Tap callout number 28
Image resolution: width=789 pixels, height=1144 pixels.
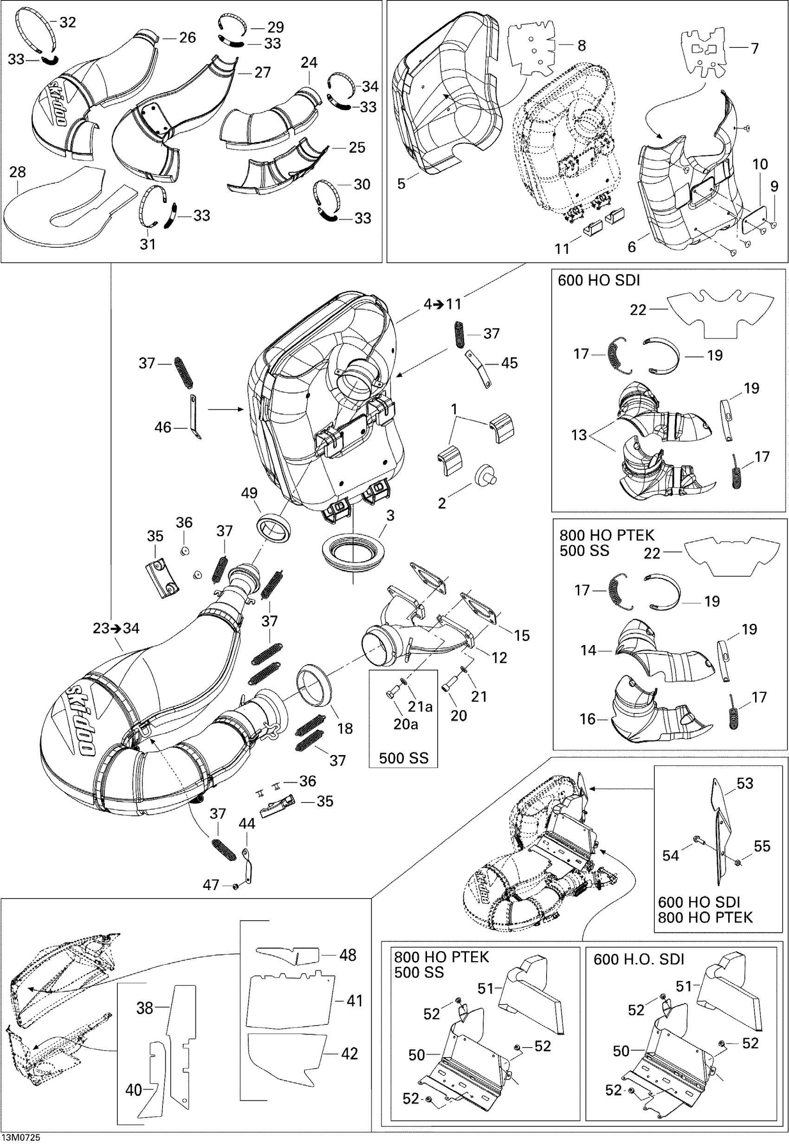(17, 172)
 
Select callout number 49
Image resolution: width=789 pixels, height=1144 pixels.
(249, 493)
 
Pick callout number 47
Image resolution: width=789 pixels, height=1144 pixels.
(211, 885)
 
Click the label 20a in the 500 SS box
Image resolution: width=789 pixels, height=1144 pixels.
(405, 724)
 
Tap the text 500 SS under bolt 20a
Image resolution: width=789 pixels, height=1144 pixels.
(403, 758)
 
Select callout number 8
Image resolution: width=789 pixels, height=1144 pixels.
(582, 45)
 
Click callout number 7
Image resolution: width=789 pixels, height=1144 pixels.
(754, 48)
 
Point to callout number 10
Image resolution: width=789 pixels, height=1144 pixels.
(760, 164)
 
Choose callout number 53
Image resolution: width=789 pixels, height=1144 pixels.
(744, 783)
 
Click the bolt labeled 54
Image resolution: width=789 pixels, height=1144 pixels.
(698, 839)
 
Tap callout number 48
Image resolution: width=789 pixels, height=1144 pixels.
(348, 955)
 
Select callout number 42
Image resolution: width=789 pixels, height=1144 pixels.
(349, 1054)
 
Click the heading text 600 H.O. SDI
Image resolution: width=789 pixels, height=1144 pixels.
(638, 959)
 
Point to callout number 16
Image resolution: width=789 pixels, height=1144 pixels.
(587, 719)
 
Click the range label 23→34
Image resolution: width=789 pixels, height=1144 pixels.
(116, 628)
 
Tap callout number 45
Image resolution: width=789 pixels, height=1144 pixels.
(509, 363)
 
